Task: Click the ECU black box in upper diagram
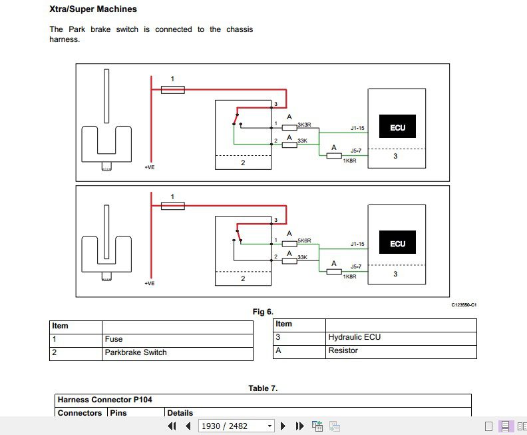point(397,127)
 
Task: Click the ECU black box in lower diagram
point(397,243)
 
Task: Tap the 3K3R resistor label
point(304,125)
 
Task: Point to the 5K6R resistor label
point(304,240)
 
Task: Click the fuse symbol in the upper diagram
point(173,89)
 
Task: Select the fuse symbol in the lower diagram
point(173,207)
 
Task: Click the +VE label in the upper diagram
point(150,167)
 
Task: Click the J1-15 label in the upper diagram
point(357,128)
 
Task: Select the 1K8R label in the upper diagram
point(349,160)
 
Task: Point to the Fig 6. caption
point(263,311)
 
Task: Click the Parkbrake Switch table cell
point(136,352)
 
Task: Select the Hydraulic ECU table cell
point(354,337)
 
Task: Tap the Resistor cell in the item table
point(343,350)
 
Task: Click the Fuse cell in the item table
point(114,339)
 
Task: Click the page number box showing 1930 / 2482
point(237,426)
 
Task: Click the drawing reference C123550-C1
point(464,304)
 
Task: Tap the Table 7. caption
point(263,388)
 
